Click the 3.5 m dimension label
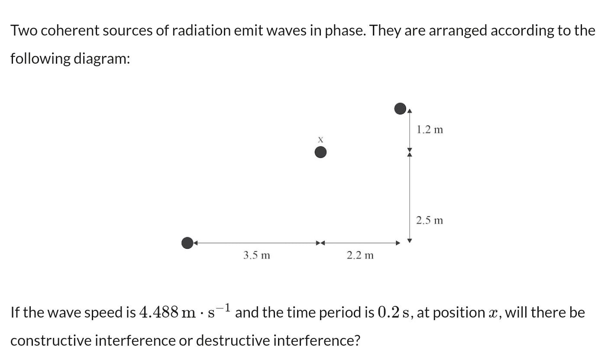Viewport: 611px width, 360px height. (x=256, y=256)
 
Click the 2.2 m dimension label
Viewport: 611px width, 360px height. (x=360, y=256)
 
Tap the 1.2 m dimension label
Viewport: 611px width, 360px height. (x=430, y=130)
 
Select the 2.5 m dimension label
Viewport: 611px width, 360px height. (x=430, y=221)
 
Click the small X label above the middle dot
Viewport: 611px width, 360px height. (x=320, y=139)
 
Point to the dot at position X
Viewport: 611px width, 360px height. (x=320, y=152)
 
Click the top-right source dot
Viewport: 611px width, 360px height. (x=401, y=109)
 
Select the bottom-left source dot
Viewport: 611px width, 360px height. (x=187, y=243)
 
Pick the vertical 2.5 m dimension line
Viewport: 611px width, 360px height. (x=410, y=197)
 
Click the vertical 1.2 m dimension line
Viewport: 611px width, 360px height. (x=410, y=130)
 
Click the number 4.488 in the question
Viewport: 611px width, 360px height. (x=159, y=312)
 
